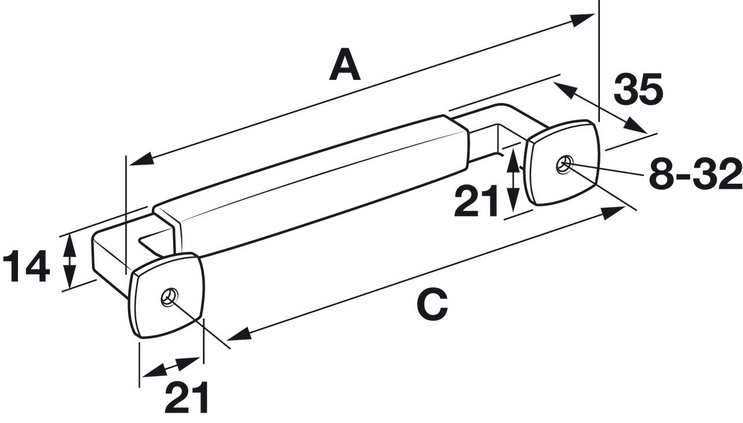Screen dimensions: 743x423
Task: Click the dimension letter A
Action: (345, 64)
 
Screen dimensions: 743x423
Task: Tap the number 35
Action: (638, 89)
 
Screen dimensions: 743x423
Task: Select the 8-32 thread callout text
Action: (695, 173)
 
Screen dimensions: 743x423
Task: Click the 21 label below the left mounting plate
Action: (187, 397)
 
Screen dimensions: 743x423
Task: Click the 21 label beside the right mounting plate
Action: (476, 200)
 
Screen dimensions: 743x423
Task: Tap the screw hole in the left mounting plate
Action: (169, 296)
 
